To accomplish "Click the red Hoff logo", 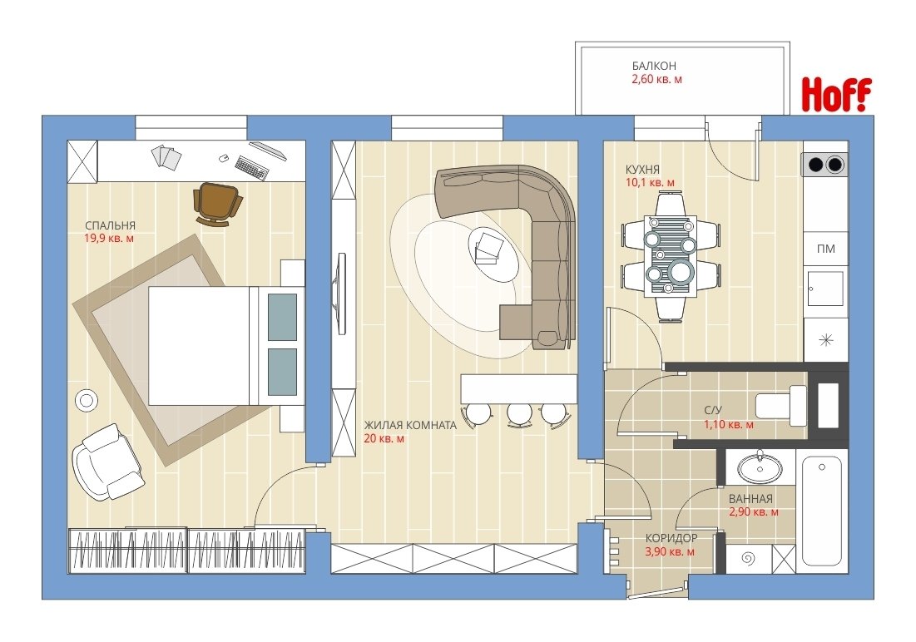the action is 836,94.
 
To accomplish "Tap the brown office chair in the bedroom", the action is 217,203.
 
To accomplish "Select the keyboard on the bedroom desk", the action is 252,166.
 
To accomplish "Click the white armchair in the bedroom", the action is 106,461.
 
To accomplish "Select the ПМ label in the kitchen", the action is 825,249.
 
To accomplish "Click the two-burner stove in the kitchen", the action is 825,164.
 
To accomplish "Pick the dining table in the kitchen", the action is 670,256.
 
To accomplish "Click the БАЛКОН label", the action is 654,66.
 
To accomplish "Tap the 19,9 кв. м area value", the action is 109,239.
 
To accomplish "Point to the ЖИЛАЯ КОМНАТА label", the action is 410,425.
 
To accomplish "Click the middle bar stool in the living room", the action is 519,413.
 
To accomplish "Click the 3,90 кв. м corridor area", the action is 670,551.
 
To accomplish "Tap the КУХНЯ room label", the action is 642,170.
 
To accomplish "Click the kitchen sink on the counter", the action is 825,288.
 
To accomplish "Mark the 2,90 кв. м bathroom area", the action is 754,511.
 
